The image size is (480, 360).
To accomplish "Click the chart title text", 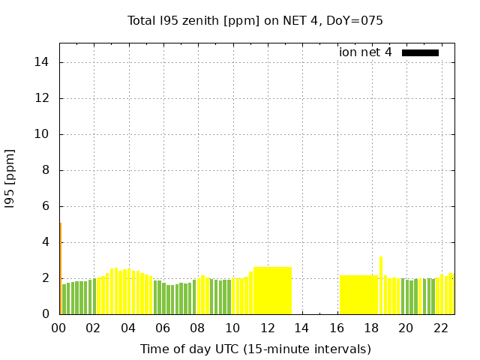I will (255, 21).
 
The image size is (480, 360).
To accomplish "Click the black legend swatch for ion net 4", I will (420, 52).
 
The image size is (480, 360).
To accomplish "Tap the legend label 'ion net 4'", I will (365, 52).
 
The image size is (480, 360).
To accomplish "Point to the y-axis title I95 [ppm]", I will (10, 180).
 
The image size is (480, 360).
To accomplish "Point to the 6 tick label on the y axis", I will (46, 206).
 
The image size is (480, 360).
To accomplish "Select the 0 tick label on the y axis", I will (46, 314).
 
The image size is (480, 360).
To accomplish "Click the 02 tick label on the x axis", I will (93, 328).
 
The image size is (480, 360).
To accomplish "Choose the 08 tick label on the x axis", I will (197, 328).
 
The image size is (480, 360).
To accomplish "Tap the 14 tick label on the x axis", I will (301, 328).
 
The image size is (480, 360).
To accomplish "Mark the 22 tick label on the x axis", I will (440, 328).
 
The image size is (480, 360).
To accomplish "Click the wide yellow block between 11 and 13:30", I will (272, 290).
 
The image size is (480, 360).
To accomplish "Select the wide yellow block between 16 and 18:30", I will (358, 295).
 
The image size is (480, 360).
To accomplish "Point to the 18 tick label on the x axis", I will (370, 328).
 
